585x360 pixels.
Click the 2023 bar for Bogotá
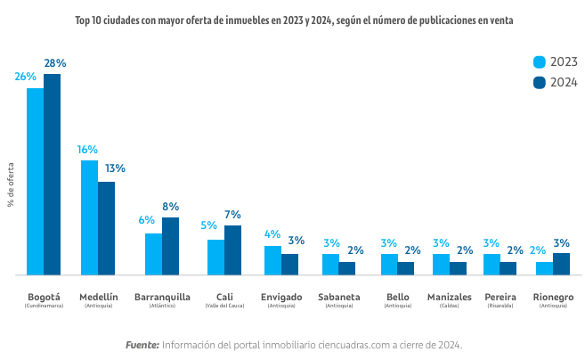[x=35, y=182]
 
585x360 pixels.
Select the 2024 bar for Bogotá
[x=53, y=175]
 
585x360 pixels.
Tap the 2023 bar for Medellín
[x=89, y=217]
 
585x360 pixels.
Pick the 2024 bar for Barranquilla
[x=170, y=246]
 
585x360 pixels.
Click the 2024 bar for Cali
[x=232, y=250]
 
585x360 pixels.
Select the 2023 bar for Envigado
[x=272, y=260]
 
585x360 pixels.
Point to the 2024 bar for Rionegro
[x=561, y=264]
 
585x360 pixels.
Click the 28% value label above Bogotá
[x=55, y=63]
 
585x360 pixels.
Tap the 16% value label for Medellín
[x=87, y=150]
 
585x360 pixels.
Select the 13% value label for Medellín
[x=115, y=168]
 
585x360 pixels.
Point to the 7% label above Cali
[x=232, y=215]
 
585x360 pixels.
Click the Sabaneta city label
[x=338, y=296]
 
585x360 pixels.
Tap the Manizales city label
[x=450, y=296]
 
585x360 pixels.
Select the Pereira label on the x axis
[x=500, y=296]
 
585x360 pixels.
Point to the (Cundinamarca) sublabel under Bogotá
[x=44, y=306]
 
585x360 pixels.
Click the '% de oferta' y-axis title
[x=12, y=184]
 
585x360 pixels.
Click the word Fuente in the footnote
[x=142, y=344]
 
